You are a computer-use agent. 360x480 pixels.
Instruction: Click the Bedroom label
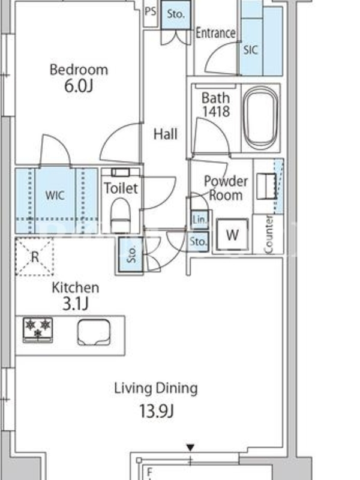pyautogui.click(x=79, y=70)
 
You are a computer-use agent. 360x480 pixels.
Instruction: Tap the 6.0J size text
pyautogui.click(x=79, y=86)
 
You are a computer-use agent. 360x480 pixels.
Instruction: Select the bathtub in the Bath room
pyautogui.click(x=260, y=118)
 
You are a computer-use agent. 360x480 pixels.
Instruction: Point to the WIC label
pyautogui.click(x=55, y=195)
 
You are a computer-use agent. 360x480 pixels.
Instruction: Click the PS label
pyautogui.click(x=151, y=11)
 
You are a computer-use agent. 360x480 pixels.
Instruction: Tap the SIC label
pyautogui.click(x=250, y=50)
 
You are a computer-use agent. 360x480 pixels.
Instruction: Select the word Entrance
pyautogui.click(x=215, y=33)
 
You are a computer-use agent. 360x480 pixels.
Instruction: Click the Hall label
pyautogui.click(x=166, y=134)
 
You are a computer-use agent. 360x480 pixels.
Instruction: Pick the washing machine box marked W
pyautogui.click(x=232, y=235)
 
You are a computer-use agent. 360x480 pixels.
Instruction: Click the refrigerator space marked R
pyautogui.click(x=35, y=257)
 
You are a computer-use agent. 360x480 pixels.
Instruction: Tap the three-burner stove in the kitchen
pyautogui.click(x=38, y=329)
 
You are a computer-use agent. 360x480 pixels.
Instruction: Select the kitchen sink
pyautogui.click(x=94, y=332)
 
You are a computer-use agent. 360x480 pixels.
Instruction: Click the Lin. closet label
pyautogui.click(x=200, y=219)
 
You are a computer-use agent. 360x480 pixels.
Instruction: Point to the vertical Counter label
pyautogui.click(x=268, y=235)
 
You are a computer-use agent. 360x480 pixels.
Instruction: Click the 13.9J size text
pyautogui.click(x=157, y=411)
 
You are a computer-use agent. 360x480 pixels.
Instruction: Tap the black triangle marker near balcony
pyautogui.click(x=190, y=448)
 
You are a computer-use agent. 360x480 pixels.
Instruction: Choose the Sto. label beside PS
pyautogui.click(x=176, y=14)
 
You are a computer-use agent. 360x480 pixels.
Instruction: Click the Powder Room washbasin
pyautogui.click(x=266, y=187)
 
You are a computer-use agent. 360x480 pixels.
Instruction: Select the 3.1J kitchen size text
pyautogui.click(x=76, y=304)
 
